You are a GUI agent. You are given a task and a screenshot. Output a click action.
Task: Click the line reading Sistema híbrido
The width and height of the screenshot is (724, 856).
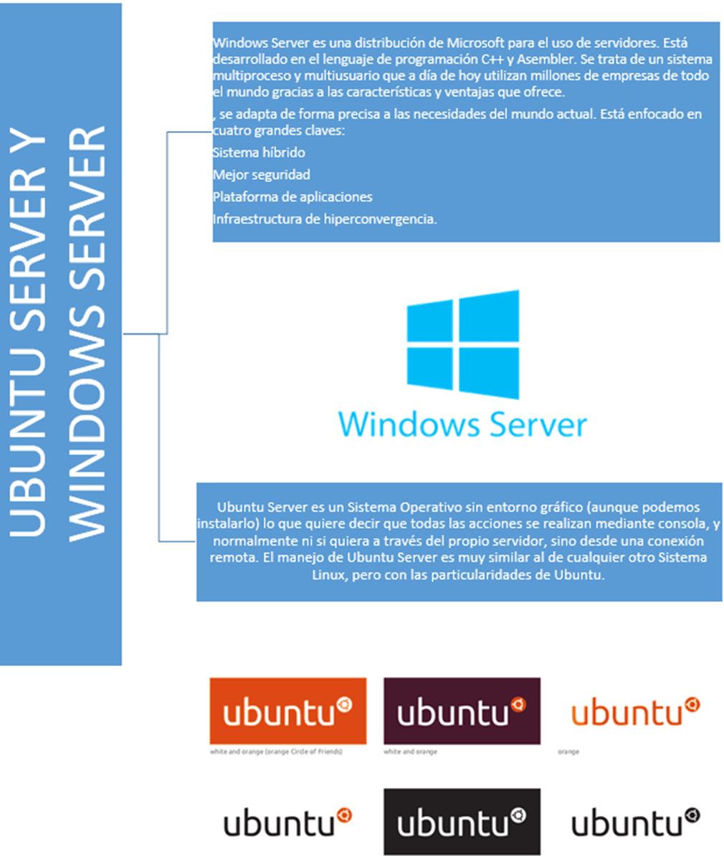pyautogui.click(x=259, y=153)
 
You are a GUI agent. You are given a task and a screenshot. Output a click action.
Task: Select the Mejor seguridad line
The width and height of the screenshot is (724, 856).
pyautogui.click(x=262, y=175)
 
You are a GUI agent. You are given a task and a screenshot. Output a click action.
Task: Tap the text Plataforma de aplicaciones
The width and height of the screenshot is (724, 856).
pyautogui.click(x=292, y=197)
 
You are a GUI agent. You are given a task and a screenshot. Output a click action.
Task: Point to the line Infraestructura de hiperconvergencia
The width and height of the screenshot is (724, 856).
pyautogui.click(x=324, y=219)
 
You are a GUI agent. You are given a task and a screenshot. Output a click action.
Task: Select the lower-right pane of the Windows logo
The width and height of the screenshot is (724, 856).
pyautogui.click(x=489, y=371)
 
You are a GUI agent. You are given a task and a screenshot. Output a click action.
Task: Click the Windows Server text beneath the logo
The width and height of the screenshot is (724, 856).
pyautogui.click(x=462, y=424)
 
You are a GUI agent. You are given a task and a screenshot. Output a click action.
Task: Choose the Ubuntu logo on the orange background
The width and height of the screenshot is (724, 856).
pyautogui.click(x=287, y=710)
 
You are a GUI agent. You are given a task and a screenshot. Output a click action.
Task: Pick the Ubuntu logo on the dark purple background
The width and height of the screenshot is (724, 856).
pyautogui.click(x=462, y=710)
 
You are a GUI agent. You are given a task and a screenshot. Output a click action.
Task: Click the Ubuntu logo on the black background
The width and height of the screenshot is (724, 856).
pyautogui.click(x=462, y=822)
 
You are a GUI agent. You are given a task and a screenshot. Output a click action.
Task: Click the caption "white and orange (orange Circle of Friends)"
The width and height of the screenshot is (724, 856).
pyautogui.click(x=276, y=752)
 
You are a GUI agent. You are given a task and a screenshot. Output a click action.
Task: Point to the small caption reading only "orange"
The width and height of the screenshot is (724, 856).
pyautogui.click(x=568, y=752)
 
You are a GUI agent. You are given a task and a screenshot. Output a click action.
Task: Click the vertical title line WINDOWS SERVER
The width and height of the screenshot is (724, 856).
pyautogui.click(x=90, y=333)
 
